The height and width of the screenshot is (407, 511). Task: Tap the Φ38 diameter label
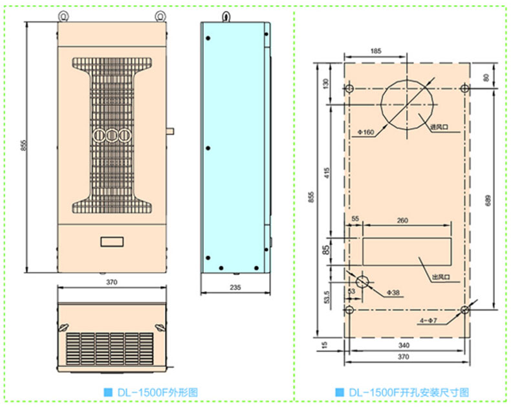click(x=393, y=292)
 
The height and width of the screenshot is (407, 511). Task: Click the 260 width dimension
click(x=402, y=221)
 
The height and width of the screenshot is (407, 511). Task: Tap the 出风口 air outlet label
click(x=440, y=278)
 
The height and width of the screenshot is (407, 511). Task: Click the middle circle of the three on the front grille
click(x=113, y=136)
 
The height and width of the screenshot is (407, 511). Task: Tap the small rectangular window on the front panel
click(x=113, y=242)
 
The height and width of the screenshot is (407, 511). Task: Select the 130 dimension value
click(x=327, y=83)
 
